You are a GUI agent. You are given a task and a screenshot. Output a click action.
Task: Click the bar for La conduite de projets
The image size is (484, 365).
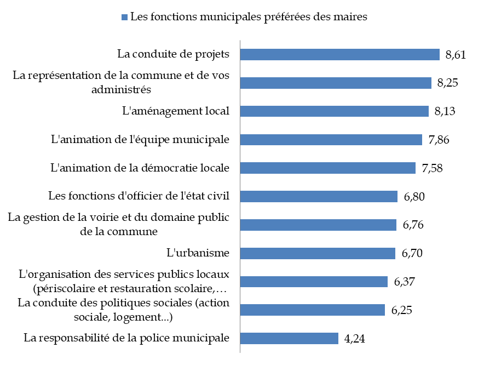coord(340,54)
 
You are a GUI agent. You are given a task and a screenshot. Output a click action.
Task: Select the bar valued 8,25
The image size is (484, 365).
coord(336,83)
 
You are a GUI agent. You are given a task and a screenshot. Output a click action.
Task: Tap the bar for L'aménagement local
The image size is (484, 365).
coord(335,111)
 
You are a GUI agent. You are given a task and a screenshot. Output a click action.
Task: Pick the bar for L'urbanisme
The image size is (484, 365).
coord(318,253)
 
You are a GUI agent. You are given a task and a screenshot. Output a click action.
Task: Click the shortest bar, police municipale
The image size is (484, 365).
coord(290,338)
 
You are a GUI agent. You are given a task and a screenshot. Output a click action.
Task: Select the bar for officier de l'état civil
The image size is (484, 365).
coord(319,196)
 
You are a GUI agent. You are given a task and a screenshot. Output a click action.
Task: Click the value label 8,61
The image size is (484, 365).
coord(456,54)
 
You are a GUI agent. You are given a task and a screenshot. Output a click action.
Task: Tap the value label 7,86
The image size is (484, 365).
coord(439,140)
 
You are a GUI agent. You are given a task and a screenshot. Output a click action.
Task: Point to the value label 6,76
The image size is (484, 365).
coord(413,225)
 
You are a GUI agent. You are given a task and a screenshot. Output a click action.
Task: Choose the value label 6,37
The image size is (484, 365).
coord(405,282)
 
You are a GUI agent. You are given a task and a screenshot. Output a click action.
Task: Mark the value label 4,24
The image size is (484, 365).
coord(354,338)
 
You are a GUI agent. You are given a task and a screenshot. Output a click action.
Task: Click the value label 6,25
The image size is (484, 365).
coord(401,310)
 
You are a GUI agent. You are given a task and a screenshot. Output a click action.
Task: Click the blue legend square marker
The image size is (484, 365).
coord(125,17)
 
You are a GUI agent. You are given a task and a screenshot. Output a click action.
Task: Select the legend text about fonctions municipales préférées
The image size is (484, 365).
coord(249,17)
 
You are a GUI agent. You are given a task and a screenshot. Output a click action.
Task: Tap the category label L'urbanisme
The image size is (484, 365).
coord(198,253)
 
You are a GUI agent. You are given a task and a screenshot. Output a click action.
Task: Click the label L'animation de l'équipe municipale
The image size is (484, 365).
coord(140,140)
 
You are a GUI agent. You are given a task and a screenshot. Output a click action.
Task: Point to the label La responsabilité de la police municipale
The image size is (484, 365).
coord(126,338)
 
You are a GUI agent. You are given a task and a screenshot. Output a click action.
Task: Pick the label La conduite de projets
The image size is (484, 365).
coord(173,54)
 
